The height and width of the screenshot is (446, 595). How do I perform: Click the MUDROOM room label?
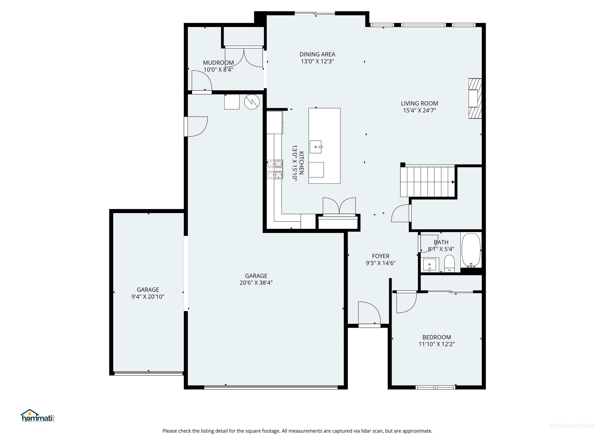(218, 63)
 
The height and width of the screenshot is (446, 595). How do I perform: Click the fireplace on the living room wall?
(475, 98)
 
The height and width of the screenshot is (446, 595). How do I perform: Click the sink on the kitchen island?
(316, 147)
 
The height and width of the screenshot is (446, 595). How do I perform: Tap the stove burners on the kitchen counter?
(275, 169)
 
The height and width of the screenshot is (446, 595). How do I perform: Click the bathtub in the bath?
(471, 250)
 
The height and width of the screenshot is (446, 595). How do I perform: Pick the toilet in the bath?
(449, 263)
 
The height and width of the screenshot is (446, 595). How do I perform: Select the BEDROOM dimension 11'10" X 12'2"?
(437, 344)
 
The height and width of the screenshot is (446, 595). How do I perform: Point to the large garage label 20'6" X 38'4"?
(256, 283)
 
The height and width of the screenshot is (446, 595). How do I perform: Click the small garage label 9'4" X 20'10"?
(148, 297)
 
